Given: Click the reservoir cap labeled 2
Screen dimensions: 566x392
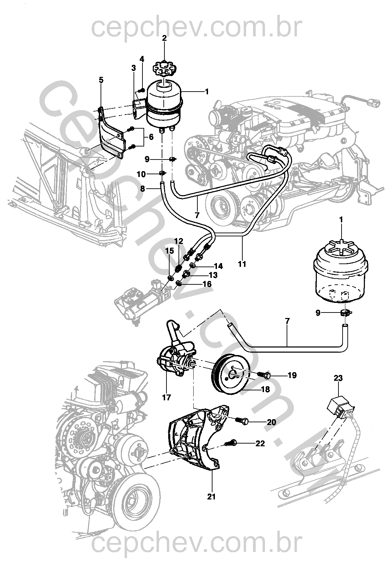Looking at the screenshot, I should point(164,68).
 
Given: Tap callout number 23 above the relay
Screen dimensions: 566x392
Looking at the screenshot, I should point(338,378).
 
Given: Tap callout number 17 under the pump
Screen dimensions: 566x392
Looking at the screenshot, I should point(167,398).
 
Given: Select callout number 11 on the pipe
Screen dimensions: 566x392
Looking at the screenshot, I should point(242,264).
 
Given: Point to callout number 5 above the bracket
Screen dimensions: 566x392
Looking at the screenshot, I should point(101,80).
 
